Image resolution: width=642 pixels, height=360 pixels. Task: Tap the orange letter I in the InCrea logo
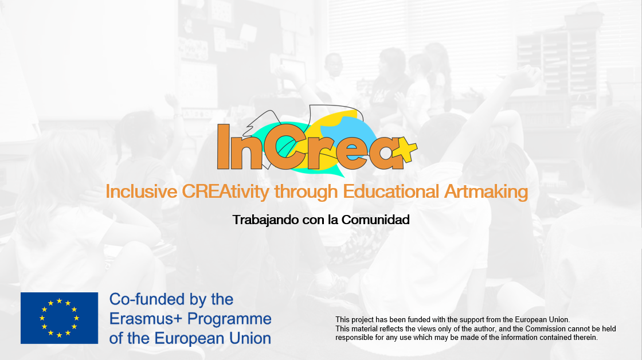coord(223,147)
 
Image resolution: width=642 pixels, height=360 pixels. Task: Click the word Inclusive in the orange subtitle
coord(141,191)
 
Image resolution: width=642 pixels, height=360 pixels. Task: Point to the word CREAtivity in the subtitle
coord(226,191)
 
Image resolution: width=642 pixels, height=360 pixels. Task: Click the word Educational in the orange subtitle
coord(391,191)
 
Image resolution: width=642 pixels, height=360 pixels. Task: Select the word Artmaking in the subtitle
coord(486,191)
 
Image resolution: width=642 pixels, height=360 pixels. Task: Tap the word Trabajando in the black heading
coord(265,220)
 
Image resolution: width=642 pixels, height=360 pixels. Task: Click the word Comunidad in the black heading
coord(375,220)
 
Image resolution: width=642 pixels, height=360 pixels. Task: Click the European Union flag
coord(60,318)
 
